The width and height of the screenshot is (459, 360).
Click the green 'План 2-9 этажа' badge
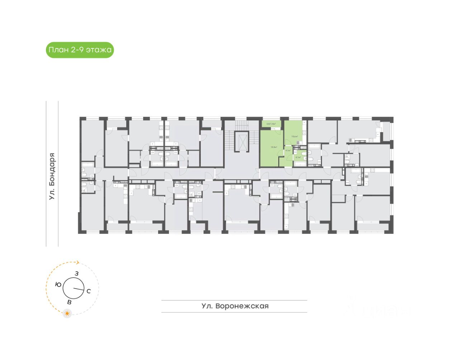[x=80, y=50]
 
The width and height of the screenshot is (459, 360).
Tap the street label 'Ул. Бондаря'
[x=52, y=176]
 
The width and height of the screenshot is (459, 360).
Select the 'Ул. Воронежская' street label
[x=235, y=306]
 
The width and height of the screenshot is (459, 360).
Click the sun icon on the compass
[x=67, y=313]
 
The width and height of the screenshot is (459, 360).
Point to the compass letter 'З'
[x=76, y=274]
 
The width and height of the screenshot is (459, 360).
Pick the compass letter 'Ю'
[x=58, y=284]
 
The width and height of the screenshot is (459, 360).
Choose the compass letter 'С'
[x=89, y=291]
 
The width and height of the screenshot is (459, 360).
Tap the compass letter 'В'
[x=69, y=302]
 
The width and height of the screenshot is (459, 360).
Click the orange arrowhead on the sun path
[x=77, y=262]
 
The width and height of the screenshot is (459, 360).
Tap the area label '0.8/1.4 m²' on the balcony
[x=271, y=124]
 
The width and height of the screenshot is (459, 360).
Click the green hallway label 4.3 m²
[x=288, y=151]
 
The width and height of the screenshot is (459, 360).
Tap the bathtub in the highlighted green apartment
[x=300, y=164]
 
